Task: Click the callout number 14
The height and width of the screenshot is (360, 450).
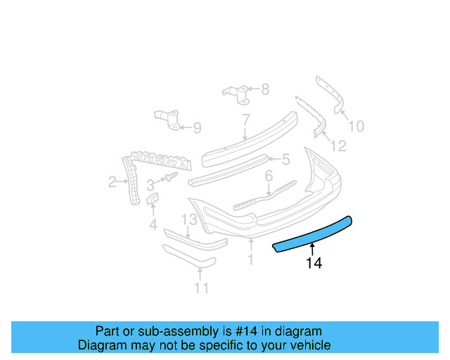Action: coord(314,264)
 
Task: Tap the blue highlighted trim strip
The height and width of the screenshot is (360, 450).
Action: coord(314,235)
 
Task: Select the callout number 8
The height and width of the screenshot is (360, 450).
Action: coord(264,89)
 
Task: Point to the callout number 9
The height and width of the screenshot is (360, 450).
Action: coord(197,128)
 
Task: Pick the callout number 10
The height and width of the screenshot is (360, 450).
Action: coord(356,127)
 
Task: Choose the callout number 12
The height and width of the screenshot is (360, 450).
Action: coord(338,146)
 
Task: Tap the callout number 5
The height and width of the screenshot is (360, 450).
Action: coord(285,160)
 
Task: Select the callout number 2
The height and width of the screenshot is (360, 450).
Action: coord(112,183)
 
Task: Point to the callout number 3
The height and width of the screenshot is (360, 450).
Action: coord(150,185)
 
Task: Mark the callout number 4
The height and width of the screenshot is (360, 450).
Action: coord(153,225)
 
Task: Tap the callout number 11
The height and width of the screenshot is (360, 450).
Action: coord(202,288)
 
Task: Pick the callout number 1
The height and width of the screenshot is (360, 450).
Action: coord(250,260)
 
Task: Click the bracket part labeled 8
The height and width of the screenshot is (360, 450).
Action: coord(236,94)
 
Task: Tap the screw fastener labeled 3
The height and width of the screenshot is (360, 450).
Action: coord(170,178)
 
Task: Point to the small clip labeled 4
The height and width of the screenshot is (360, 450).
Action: coord(153,202)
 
